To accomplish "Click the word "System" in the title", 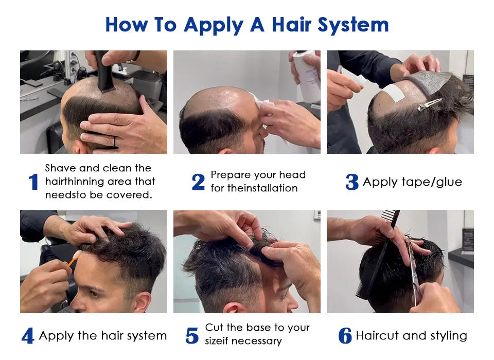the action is click(x=353, y=25).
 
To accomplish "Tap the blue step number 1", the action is click(x=33, y=182).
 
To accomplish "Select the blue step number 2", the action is click(x=198, y=182).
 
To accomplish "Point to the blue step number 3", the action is click(x=352, y=182).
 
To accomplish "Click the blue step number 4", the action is click(x=28, y=336).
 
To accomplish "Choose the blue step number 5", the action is click(x=192, y=336).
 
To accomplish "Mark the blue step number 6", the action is click(x=345, y=336).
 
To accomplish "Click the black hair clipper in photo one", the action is click(x=104, y=71).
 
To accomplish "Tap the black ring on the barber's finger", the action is click(x=115, y=142).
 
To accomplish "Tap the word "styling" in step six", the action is click(x=449, y=336).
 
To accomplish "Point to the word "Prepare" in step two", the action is click(x=231, y=175).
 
